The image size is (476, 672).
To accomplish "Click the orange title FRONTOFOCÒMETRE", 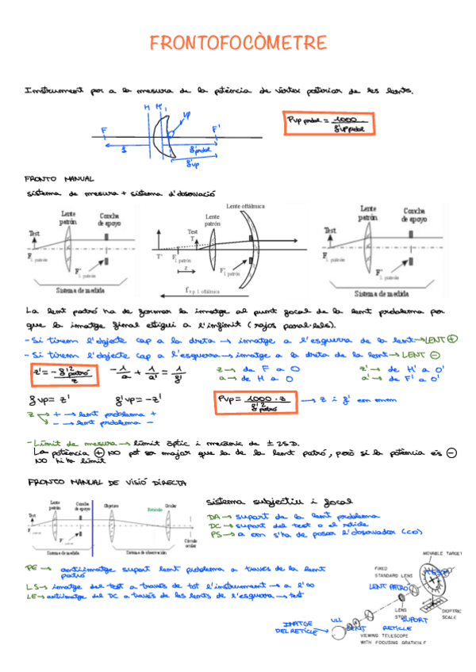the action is [x=238, y=42].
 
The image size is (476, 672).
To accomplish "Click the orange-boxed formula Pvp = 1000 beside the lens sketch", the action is [x=314, y=122].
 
